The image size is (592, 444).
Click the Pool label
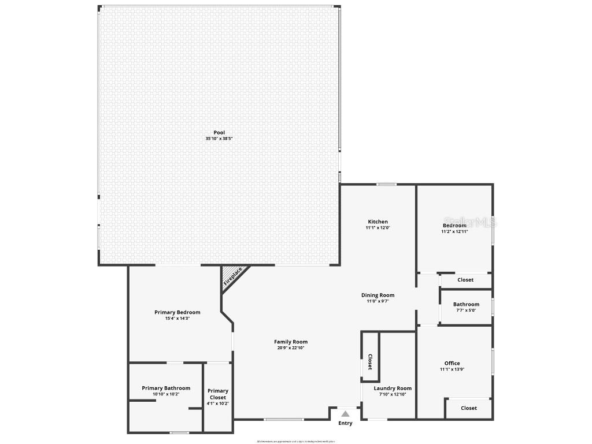pos(219,132)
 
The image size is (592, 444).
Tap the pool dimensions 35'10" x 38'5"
pos(219,139)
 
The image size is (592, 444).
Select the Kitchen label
pos(378,221)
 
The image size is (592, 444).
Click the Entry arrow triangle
pos(345,414)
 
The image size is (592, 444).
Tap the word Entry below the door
pos(345,423)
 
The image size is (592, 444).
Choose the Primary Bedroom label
pos(177,312)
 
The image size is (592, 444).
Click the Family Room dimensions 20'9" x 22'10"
pos(291,348)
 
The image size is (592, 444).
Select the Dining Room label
pos(378,295)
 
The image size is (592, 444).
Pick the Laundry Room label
pos(393,388)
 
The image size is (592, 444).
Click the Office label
pos(452,363)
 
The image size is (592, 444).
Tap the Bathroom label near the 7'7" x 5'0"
pos(466,304)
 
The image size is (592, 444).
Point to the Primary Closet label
pos(218,394)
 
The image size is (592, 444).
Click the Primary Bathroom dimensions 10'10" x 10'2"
pos(166,394)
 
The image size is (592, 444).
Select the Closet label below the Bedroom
pos(465,280)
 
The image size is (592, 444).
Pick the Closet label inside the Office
pos(469,408)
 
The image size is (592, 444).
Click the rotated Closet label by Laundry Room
pos(370,362)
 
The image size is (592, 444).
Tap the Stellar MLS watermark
pos(471,222)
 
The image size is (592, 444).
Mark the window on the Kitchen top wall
pos(387,184)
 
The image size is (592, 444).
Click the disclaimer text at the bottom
pos(296,441)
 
